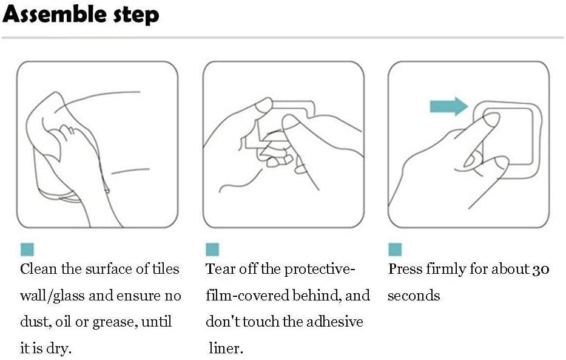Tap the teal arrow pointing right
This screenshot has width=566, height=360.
click(x=449, y=106)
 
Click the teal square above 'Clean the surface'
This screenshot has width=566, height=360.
click(x=27, y=250)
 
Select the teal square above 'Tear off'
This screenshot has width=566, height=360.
click(x=212, y=250)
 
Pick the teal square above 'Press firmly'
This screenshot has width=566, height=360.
click(x=395, y=250)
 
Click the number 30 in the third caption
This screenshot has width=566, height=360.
click(x=541, y=270)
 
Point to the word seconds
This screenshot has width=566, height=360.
click(x=414, y=296)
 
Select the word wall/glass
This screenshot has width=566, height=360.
click(x=52, y=296)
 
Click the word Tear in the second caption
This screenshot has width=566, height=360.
click(x=220, y=269)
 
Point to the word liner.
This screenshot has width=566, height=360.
click(x=226, y=348)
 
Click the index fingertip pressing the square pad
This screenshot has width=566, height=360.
click(x=492, y=118)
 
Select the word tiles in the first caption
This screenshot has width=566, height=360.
click(x=166, y=269)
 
